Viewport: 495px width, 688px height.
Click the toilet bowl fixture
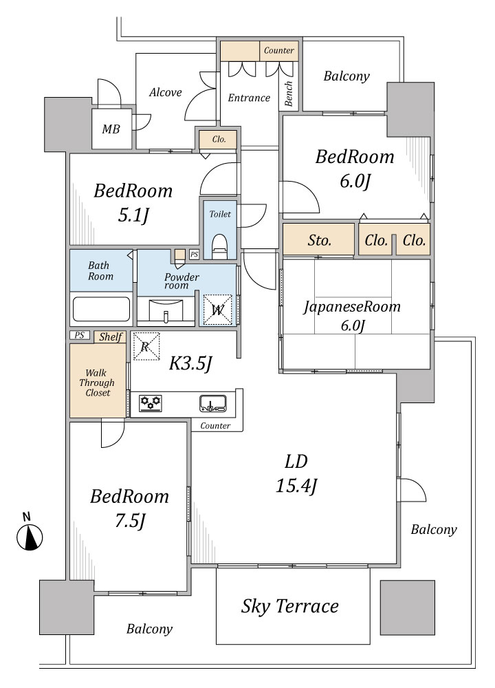219,246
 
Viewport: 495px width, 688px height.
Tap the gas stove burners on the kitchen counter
151,402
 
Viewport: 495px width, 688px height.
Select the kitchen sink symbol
213,403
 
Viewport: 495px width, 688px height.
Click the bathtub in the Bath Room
101,310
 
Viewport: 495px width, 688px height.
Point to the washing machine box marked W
217,310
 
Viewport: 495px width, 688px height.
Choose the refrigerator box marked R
146,346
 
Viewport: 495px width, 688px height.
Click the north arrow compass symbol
30,536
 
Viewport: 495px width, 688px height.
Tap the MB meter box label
111,129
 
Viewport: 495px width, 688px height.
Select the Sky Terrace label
290,606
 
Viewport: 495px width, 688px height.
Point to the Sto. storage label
319,240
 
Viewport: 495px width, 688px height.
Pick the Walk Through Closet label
98,383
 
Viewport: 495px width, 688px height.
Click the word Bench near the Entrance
289,93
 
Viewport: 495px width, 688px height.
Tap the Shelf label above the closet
110,336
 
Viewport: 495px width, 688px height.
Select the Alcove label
165,92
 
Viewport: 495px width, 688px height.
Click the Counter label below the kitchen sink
214,426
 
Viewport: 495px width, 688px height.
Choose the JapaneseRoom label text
352,306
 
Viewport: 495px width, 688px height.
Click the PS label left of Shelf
79,335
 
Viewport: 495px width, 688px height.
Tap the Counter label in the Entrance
279,50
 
